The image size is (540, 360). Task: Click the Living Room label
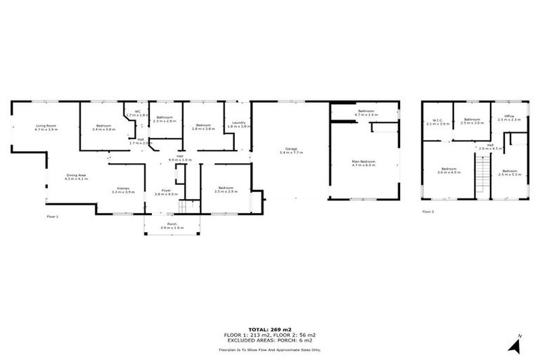pos(46,127)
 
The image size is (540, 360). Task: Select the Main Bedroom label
pos(364,162)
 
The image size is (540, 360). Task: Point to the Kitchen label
pos(123,189)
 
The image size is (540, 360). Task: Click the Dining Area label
pos(76,176)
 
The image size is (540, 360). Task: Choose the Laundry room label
pos(239,124)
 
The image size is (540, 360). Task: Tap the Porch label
pos(172,226)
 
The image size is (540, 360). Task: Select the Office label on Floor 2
pos(509,117)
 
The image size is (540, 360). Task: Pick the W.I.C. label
pos(437,121)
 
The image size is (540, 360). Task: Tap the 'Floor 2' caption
pos(428,211)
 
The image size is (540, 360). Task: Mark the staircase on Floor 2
pos(482,176)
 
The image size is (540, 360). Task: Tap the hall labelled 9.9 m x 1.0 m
pos(180,157)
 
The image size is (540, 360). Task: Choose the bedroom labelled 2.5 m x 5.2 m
pos(509,172)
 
